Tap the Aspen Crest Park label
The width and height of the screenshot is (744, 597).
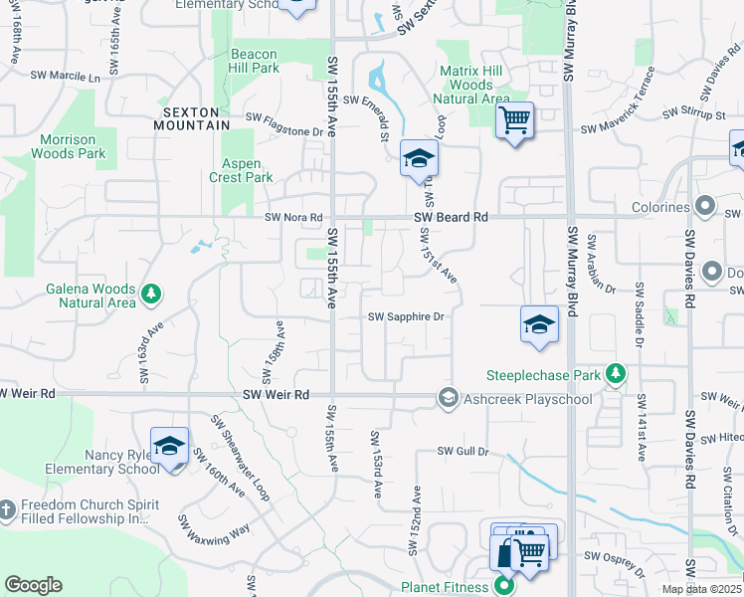click(x=242, y=170)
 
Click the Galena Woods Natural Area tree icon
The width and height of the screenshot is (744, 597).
click(x=150, y=294)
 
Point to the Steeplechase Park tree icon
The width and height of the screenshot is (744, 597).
click(x=616, y=374)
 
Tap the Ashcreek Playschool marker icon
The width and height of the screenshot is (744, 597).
click(x=448, y=399)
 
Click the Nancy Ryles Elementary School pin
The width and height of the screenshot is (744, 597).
click(x=169, y=445)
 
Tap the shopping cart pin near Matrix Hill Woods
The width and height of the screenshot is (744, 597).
click(x=514, y=120)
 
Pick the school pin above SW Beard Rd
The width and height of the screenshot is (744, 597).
click(x=419, y=158)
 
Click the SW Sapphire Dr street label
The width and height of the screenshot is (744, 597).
click(x=405, y=316)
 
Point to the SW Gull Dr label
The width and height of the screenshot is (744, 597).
click(x=464, y=451)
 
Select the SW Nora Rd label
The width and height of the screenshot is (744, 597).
click(x=294, y=217)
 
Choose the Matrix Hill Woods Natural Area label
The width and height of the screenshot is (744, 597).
click(x=472, y=85)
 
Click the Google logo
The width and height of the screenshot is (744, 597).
click(x=34, y=585)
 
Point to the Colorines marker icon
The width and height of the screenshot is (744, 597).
click(x=705, y=207)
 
